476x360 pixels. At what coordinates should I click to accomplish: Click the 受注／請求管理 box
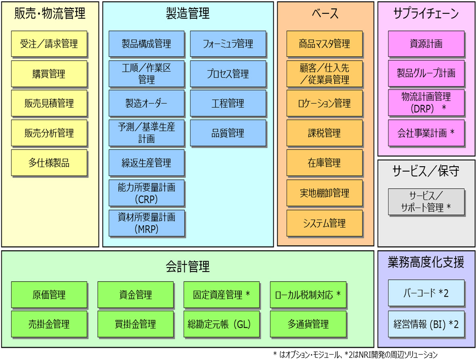click(49, 44)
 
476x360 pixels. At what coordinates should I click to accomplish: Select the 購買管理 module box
click(49, 73)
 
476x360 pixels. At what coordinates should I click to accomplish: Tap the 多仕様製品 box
click(49, 163)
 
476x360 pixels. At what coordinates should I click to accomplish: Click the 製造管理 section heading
click(188, 14)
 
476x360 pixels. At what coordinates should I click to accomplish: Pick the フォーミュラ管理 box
click(228, 44)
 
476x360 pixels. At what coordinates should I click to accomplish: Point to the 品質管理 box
click(228, 133)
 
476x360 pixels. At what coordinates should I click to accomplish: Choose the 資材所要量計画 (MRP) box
click(147, 223)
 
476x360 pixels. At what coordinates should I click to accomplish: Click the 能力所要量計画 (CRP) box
click(147, 193)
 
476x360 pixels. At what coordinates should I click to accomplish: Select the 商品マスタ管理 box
click(325, 44)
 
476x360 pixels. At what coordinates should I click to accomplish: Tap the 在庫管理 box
click(325, 163)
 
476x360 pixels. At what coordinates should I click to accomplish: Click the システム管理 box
click(325, 223)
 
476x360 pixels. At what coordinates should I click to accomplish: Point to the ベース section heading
click(325, 14)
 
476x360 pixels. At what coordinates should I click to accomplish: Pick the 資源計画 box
click(426, 44)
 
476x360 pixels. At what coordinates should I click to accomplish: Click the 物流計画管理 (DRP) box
click(426, 103)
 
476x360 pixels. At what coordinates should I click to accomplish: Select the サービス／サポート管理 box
click(426, 202)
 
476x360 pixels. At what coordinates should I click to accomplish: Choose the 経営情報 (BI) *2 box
click(426, 324)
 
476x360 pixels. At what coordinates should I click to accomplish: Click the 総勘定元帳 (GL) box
click(222, 324)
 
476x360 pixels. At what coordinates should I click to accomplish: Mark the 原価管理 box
click(49, 294)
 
